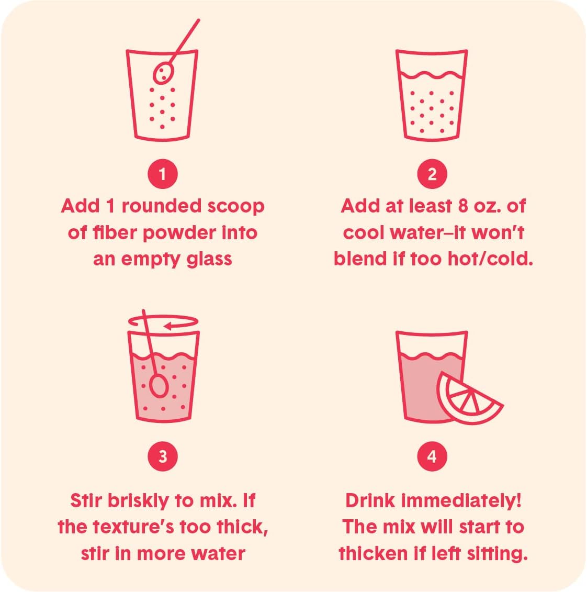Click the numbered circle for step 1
163,174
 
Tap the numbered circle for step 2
432,174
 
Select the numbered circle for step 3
163,456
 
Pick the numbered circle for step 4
432,456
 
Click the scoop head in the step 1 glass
163,73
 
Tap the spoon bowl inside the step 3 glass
159,386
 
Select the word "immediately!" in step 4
461,501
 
